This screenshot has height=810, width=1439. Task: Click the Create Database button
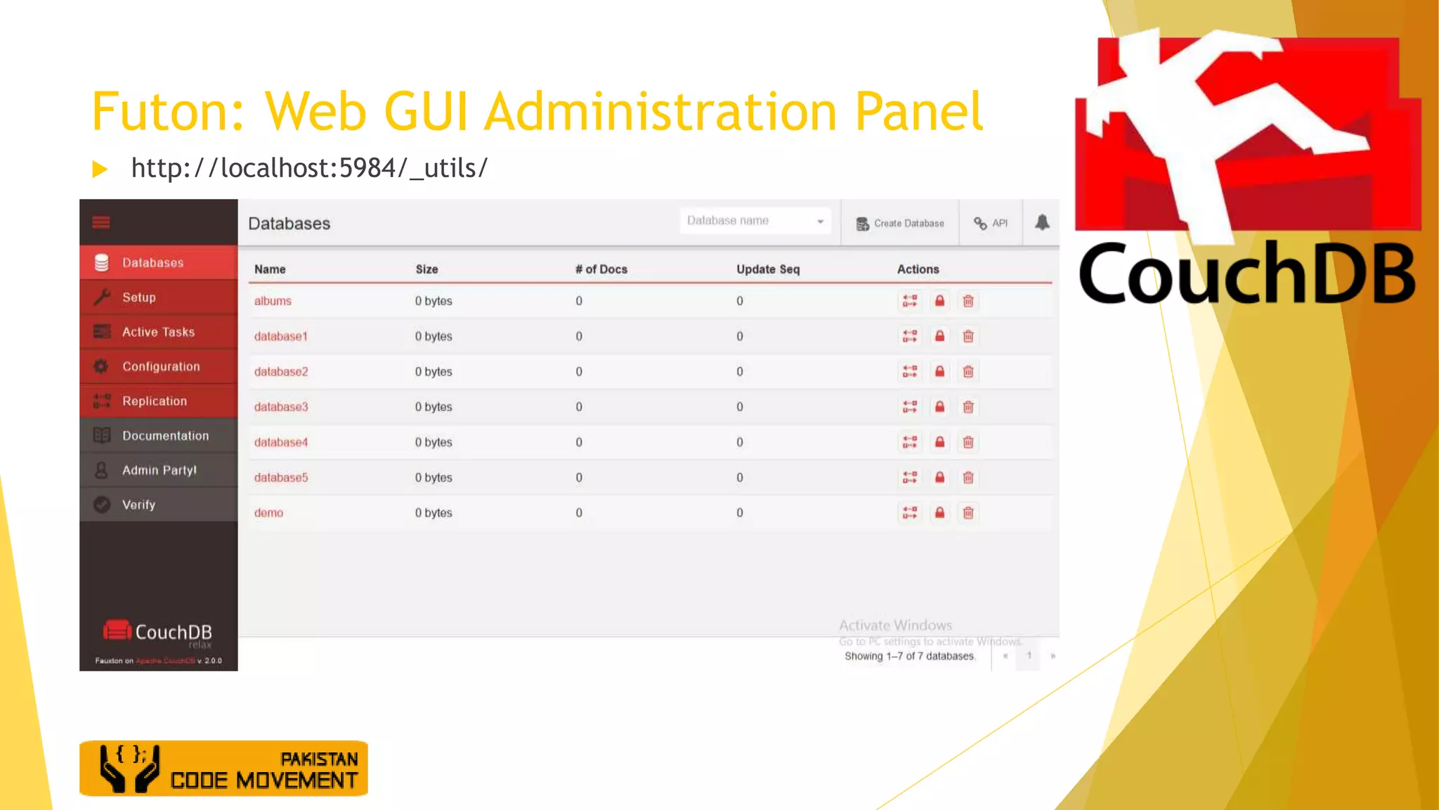click(900, 224)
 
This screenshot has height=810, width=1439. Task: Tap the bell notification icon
click(1042, 223)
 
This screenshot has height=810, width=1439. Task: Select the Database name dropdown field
click(755, 221)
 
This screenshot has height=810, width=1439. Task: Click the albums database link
click(273, 301)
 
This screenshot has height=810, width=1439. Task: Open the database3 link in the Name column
click(281, 407)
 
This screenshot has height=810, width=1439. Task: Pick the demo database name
click(268, 513)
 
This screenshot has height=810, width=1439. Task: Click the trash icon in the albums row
click(968, 302)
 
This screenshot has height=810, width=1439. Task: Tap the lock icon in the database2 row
click(939, 372)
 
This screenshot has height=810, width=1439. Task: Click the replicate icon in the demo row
click(910, 513)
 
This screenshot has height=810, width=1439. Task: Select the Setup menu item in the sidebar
click(139, 297)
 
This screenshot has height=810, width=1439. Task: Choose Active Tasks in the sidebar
click(158, 332)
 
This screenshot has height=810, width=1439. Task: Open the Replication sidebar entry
click(155, 401)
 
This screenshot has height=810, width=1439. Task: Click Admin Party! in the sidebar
click(159, 470)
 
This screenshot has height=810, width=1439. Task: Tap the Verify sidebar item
click(138, 505)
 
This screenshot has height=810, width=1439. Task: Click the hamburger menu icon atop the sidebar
click(101, 223)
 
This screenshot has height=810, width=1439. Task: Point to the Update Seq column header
click(768, 269)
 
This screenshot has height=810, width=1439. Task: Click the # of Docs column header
click(601, 269)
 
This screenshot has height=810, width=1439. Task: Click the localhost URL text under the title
click(309, 168)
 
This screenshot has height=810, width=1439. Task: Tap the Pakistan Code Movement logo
click(223, 769)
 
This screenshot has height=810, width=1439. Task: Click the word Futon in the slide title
click(167, 112)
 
